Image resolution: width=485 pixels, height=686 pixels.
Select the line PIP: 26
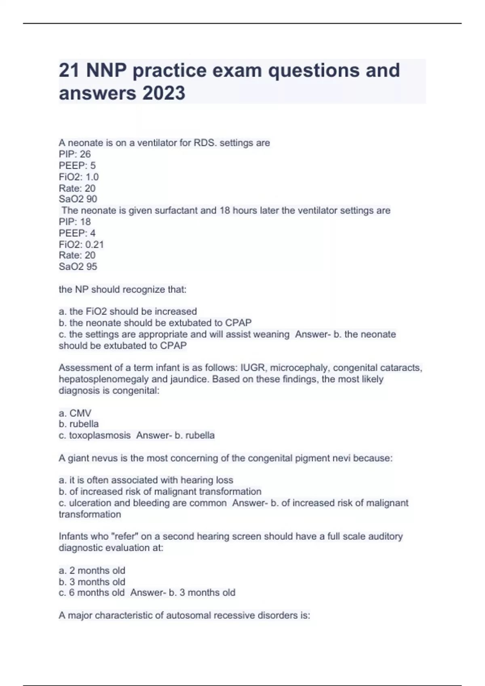(75, 154)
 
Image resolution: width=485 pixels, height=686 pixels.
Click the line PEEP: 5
(77, 165)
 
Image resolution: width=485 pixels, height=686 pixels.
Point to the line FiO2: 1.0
(79, 177)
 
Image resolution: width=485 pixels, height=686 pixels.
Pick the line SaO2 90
(78, 199)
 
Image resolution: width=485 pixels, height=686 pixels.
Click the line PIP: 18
(75, 222)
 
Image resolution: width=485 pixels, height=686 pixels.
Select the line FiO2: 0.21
(81, 244)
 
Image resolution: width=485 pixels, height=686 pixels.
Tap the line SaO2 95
(78, 266)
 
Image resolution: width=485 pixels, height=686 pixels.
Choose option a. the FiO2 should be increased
(128, 312)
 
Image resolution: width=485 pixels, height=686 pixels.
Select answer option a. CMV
(75, 413)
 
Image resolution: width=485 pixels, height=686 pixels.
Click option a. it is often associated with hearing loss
(146, 480)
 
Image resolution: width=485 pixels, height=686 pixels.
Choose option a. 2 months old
(92, 570)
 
